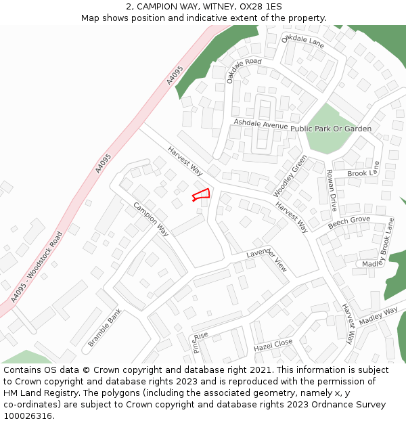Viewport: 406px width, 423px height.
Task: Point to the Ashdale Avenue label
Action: [261, 125]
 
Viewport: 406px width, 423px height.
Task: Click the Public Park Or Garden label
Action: [332, 129]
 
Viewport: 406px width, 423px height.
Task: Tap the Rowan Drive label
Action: [333, 191]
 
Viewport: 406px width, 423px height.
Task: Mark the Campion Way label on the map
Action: [150, 219]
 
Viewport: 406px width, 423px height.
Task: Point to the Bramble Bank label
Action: [105, 326]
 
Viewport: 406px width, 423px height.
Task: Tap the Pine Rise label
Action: [201, 341]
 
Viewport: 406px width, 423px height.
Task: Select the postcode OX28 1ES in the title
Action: [260, 7]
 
